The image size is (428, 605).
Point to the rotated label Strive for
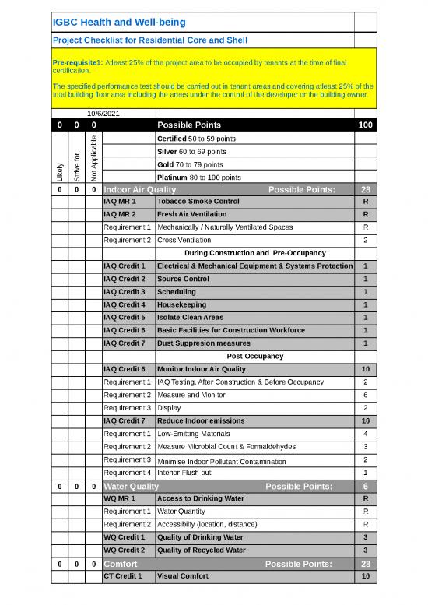point(76,164)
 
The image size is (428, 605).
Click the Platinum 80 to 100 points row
point(199,177)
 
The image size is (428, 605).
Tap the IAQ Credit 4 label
point(124,304)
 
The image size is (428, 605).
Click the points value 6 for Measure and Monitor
point(365,395)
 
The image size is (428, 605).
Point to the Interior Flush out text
point(184,472)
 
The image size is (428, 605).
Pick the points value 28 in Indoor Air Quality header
point(365,189)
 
